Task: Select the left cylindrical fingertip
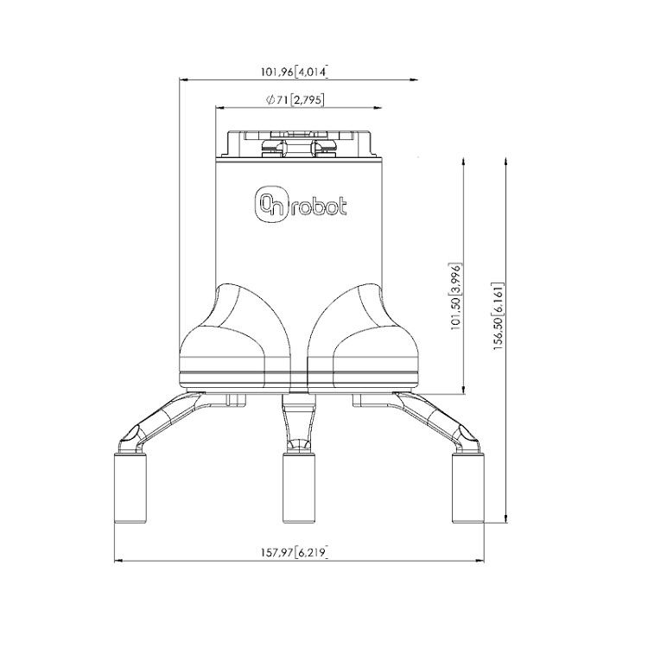tap(132, 486)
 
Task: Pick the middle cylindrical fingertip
tap(298, 486)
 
